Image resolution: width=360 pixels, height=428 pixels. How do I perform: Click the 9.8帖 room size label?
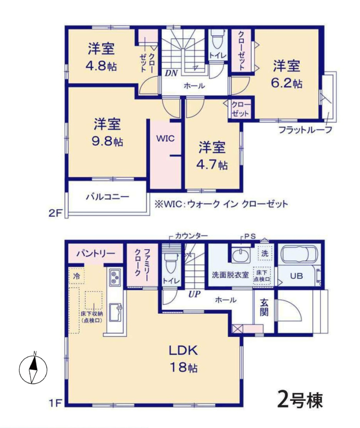[x=107, y=141]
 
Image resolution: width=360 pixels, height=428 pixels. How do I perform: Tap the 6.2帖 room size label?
[x=286, y=83]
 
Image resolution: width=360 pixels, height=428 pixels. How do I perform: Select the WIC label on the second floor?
[x=165, y=138]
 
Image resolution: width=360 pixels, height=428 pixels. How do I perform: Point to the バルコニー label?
[x=107, y=197]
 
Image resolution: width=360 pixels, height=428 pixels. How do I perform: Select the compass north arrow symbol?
[x=33, y=369]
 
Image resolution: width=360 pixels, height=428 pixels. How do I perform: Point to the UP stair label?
[x=195, y=294]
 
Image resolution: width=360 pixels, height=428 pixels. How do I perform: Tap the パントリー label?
[x=95, y=254]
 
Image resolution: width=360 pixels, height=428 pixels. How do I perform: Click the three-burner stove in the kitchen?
[x=115, y=277]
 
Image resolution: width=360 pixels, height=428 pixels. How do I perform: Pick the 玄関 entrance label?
[x=264, y=308]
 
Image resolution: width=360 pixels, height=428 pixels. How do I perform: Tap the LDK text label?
[x=183, y=350]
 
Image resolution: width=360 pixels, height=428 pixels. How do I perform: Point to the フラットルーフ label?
[x=305, y=130]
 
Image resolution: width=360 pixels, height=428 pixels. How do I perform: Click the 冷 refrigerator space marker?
[x=77, y=276]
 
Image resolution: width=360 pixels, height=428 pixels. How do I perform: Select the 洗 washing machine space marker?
[x=265, y=254]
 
